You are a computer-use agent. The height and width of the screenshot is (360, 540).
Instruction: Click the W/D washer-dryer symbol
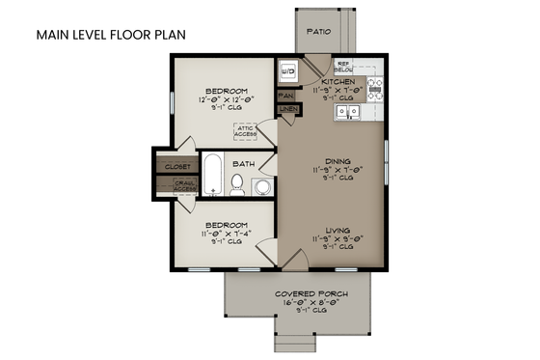coord(286,71)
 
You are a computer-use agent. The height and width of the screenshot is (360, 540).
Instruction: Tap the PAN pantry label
coord(285,97)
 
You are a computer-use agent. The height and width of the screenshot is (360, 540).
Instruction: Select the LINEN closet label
coord(287,111)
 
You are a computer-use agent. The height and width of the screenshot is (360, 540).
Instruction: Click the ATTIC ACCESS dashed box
coord(244,132)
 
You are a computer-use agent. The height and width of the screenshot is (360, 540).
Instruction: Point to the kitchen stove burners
coord(375,90)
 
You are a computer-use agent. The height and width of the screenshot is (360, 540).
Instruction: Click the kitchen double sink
coord(347,111)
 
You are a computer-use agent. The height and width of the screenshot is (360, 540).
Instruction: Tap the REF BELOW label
coord(342,68)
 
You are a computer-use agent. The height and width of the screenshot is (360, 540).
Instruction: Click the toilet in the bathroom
coord(236,184)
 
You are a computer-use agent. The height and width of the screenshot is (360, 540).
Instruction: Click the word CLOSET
coord(177,167)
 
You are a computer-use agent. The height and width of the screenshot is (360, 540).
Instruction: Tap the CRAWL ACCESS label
coord(184,185)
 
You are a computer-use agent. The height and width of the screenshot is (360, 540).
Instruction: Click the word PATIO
coord(319,32)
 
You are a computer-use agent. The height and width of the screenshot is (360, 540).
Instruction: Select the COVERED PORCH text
coord(310,293)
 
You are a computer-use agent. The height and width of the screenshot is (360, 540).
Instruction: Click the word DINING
coord(338,161)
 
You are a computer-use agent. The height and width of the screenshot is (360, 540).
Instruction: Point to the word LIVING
coord(337,230)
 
